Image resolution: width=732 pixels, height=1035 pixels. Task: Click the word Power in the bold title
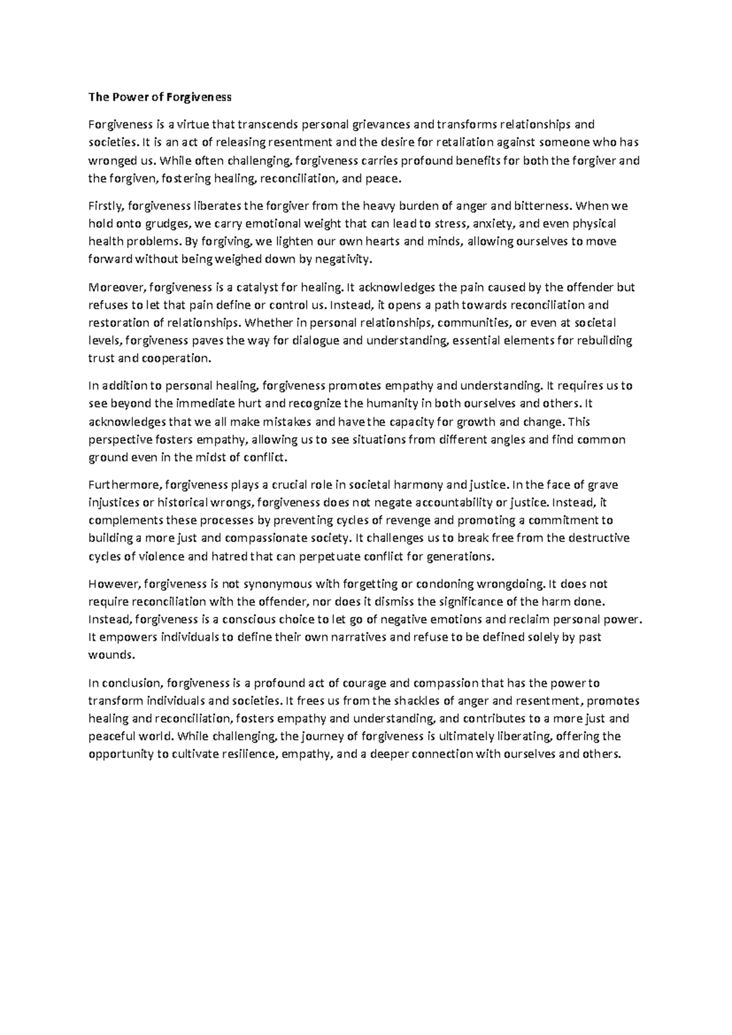[125, 97]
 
